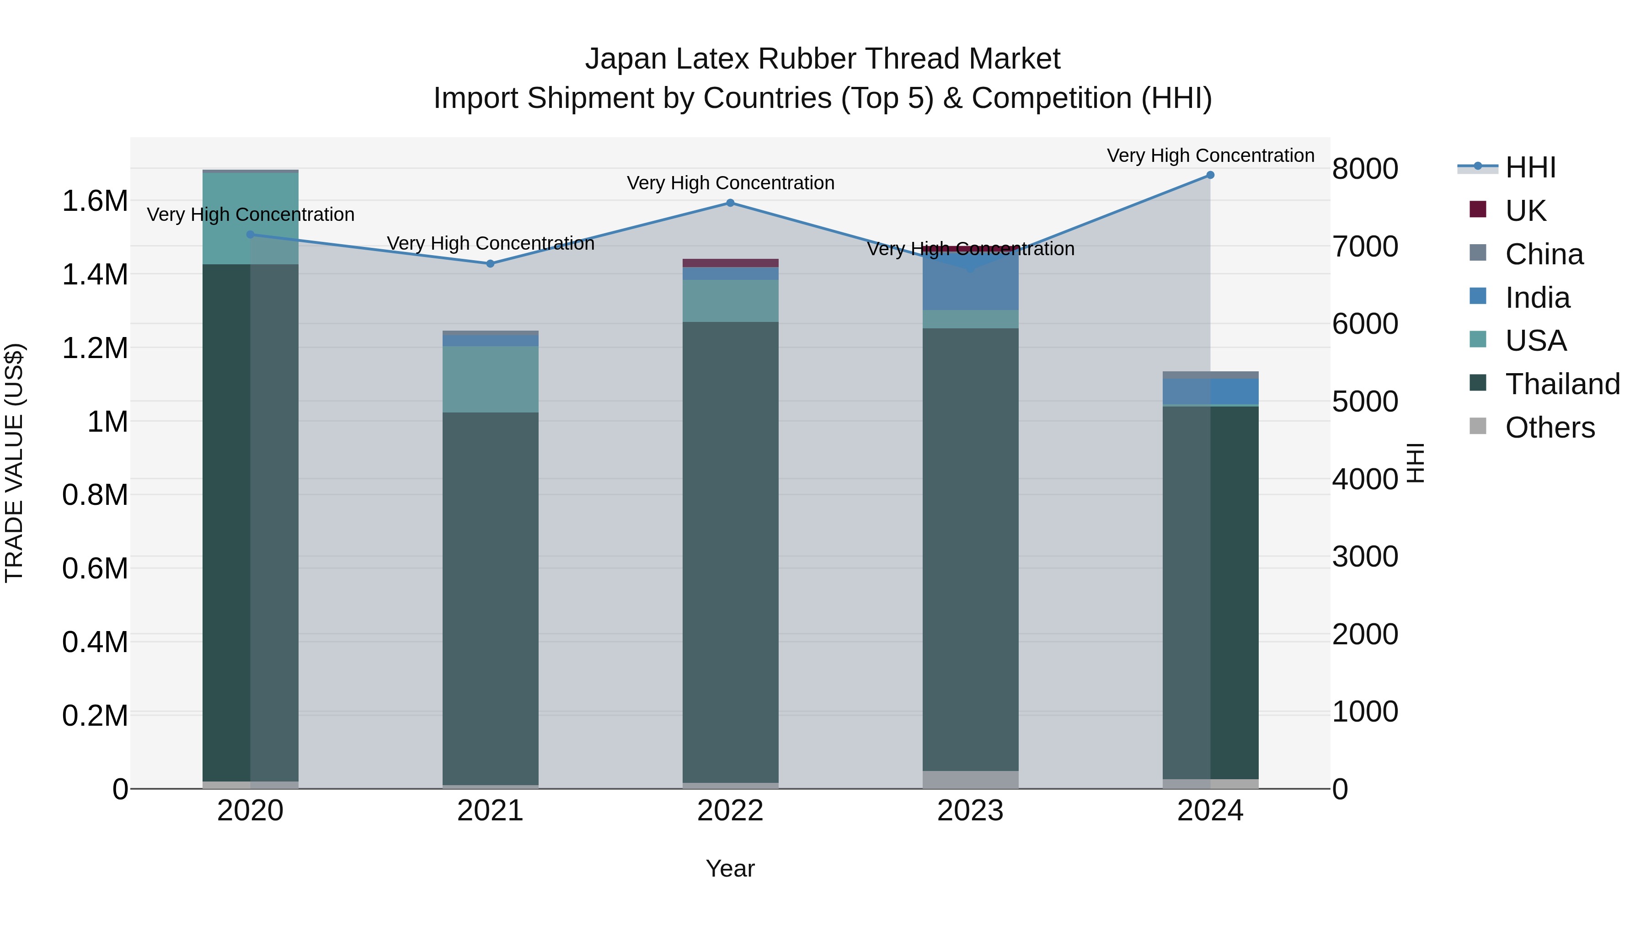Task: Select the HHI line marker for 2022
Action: click(x=730, y=203)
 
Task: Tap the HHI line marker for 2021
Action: click(x=490, y=263)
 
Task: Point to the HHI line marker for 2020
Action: click(x=251, y=235)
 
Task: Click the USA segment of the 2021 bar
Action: click(x=490, y=379)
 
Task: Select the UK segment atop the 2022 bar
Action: click(x=730, y=262)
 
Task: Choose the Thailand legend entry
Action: click(x=1562, y=384)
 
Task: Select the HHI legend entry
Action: click(x=1530, y=167)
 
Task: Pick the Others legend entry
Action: click(x=1549, y=428)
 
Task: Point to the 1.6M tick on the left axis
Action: click(x=95, y=201)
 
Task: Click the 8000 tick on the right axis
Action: click(x=1365, y=169)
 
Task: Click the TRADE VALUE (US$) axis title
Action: click(x=14, y=463)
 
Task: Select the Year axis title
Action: click(x=730, y=868)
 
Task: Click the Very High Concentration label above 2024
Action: click(x=1210, y=155)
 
